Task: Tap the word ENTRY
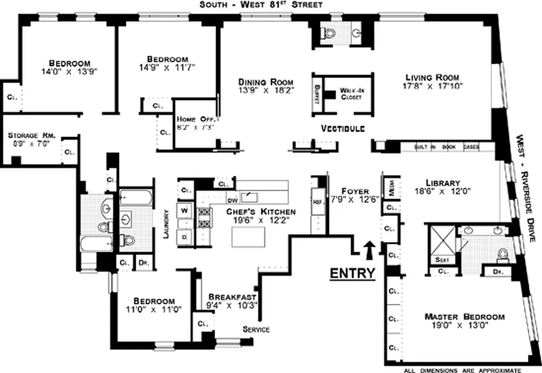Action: point(352,273)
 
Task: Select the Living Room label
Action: point(432,77)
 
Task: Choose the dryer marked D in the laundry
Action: point(184,237)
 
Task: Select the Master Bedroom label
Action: point(464,317)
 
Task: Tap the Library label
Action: point(443,183)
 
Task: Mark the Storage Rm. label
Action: point(32,136)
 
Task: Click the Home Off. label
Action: point(195,119)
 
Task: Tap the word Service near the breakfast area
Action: point(256,329)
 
